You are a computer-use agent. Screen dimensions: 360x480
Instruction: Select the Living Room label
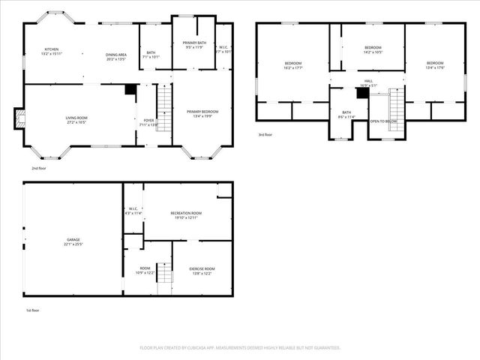point(76,118)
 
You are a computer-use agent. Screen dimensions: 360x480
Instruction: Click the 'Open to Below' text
point(383,121)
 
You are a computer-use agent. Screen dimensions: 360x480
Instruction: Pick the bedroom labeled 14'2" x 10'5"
point(373,49)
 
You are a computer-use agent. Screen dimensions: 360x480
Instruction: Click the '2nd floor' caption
point(38,169)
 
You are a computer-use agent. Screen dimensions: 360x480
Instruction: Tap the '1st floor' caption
point(32,309)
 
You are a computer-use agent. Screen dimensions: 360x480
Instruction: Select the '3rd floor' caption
point(265,135)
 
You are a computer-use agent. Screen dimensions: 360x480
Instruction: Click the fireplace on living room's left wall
point(20,117)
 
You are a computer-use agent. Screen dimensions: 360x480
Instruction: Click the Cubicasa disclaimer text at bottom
point(240,348)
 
